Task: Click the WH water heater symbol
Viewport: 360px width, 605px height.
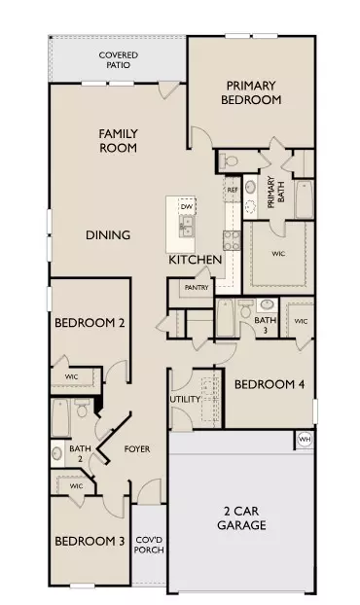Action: click(305, 439)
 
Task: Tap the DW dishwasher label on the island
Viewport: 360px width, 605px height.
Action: click(187, 207)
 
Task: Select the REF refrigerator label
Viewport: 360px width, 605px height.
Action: click(233, 190)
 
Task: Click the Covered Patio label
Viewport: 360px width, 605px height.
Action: click(119, 60)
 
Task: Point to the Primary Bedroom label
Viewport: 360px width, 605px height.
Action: click(251, 92)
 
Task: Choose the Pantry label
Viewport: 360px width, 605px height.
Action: click(197, 288)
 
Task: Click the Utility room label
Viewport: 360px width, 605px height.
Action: click(185, 400)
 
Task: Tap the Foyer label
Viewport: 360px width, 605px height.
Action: click(137, 449)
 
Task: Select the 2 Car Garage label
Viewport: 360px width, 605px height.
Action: click(241, 518)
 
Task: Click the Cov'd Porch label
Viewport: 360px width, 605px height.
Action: click(149, 545)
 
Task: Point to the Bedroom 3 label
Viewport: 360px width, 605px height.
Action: click(90, 542)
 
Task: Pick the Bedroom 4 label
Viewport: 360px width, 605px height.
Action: click(270, 384)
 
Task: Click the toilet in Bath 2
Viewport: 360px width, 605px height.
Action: click(82, 409)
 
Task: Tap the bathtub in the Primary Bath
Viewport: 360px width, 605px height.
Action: click(305, 199)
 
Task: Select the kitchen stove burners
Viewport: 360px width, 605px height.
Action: click(232, 240)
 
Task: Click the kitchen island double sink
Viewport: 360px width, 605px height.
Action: click(187, 226)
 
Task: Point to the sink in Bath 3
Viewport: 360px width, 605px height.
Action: click(267, 304)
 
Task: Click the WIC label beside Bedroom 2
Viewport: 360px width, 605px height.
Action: click(71, 377)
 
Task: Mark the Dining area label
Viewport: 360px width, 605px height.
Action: click(108, 235)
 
